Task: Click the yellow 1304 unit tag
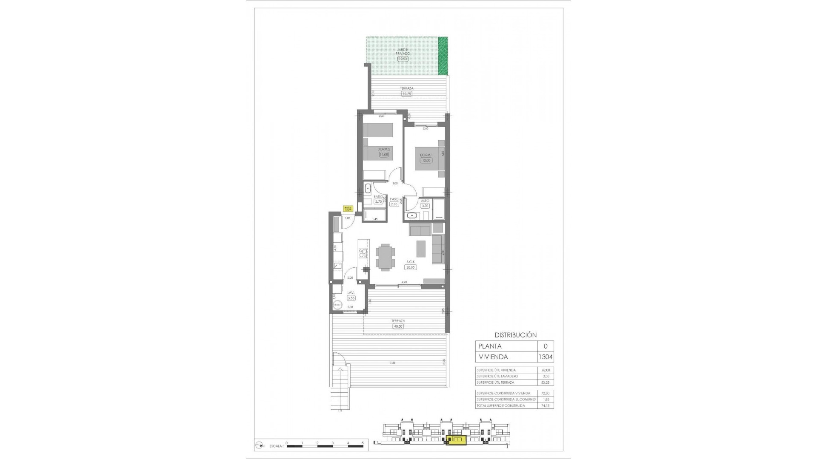click(x=348, y=209)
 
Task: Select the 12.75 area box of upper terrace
click(x=406, y=93)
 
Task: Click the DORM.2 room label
click(x=384, y=149)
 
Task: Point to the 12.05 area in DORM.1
click(x=426, y=160)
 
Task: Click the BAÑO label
click(x=378, y=197)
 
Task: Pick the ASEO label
click(x=425, y=201)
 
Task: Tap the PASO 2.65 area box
click(x=394, y=204)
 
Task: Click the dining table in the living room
click(x=385, y=257)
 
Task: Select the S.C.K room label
click(x=411, y=262)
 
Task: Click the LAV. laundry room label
click(x=351, y=293)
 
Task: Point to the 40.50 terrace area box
click(x=398, y=326)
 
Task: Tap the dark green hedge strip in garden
click(x=443, y=55)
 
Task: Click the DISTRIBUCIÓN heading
click(x=515, y=335)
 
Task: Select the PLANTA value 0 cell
click(x=546, y=346)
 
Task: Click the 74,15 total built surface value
click(x=545, y=405)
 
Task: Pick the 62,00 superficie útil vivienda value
click(x=545, y=370)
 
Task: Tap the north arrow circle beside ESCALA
click(x=259, y=457)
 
